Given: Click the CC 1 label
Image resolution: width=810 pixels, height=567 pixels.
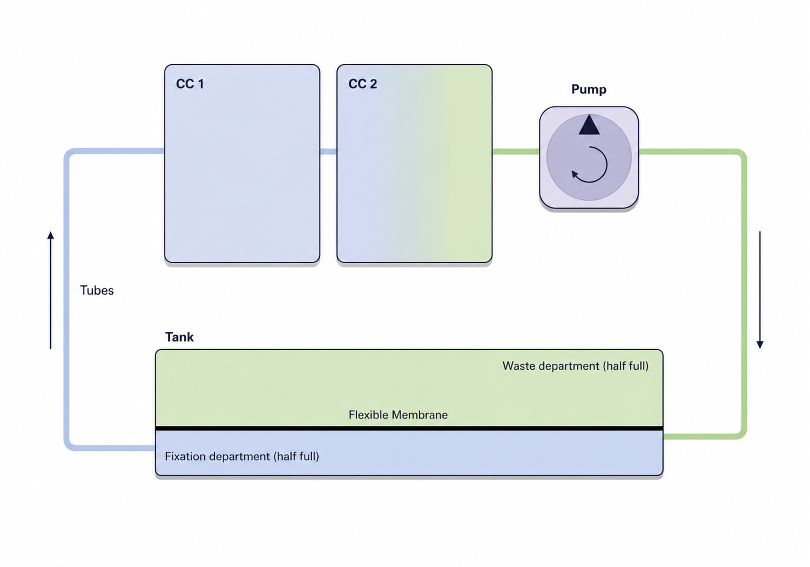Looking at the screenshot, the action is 190,84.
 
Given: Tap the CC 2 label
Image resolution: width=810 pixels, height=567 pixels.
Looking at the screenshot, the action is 363,84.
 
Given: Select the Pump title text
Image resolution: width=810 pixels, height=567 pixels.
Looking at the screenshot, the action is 589,89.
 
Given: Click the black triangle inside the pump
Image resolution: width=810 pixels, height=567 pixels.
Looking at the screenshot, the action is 589,125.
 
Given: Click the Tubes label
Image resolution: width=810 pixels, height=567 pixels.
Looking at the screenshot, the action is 97,290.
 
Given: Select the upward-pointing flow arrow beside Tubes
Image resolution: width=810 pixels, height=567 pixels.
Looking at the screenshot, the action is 51,290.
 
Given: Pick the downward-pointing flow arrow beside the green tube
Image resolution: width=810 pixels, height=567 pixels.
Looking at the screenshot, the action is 760,290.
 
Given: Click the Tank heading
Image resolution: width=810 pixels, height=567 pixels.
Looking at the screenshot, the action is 179,337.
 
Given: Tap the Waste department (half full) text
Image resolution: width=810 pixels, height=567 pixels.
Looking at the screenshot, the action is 575,366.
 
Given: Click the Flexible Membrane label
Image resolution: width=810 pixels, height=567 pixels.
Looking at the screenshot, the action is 398,415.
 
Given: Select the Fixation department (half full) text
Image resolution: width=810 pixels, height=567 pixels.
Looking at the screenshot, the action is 242,456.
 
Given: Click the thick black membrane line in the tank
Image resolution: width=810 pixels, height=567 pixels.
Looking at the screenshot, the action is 409,429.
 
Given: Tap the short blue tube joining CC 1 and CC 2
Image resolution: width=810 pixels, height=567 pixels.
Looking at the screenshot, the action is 328,151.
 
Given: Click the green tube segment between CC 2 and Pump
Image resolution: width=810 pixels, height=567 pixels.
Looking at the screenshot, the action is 516,151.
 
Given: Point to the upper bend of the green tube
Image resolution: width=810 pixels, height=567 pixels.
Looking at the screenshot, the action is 741,155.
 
